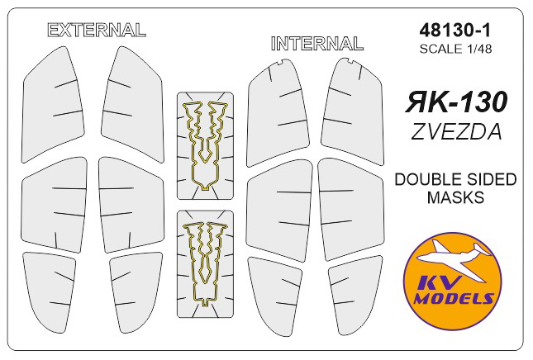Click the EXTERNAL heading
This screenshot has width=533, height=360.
click(97, 30)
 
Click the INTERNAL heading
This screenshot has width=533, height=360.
click(316, 43)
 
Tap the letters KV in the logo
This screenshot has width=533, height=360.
click(447, 282)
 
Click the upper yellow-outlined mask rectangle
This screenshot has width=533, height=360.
click(206, 145)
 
